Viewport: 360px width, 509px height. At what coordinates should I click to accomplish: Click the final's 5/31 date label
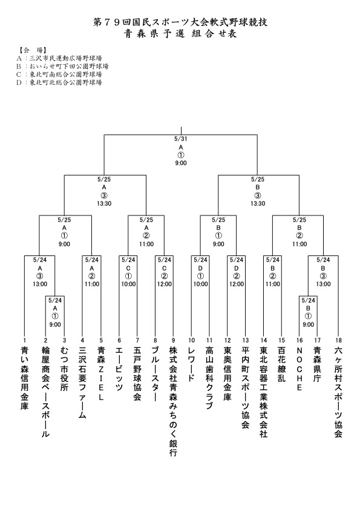[181, 139]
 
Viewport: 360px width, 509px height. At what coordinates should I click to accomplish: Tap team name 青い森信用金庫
[25, 378]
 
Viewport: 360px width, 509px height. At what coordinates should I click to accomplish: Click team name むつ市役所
[64, 369]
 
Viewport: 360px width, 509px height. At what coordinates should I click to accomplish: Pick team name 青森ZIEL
[101, 373]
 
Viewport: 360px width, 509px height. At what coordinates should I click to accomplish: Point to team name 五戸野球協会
[137, 373]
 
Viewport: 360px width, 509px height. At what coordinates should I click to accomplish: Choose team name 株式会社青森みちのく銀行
[174, 401]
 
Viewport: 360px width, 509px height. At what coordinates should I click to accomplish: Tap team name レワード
[192, 364]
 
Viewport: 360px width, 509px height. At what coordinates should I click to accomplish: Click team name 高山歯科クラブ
[209, 378]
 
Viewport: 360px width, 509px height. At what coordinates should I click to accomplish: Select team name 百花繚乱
[281, 364]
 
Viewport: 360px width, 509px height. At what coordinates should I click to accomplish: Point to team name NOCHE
[299, 369]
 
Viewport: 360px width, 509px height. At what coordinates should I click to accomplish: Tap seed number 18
[339, 340]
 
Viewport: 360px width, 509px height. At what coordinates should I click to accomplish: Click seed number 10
[192, 340]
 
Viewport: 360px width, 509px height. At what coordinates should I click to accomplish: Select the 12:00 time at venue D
[237, 284]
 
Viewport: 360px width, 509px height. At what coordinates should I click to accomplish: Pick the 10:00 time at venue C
[128, 284]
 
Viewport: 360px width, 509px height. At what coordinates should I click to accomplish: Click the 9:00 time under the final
[181, 163]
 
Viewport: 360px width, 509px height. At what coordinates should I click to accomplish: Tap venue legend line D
[59, 82]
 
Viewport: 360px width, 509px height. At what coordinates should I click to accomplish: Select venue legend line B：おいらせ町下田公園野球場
[62, 66]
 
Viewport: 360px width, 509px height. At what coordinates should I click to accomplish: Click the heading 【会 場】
[31, 50]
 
